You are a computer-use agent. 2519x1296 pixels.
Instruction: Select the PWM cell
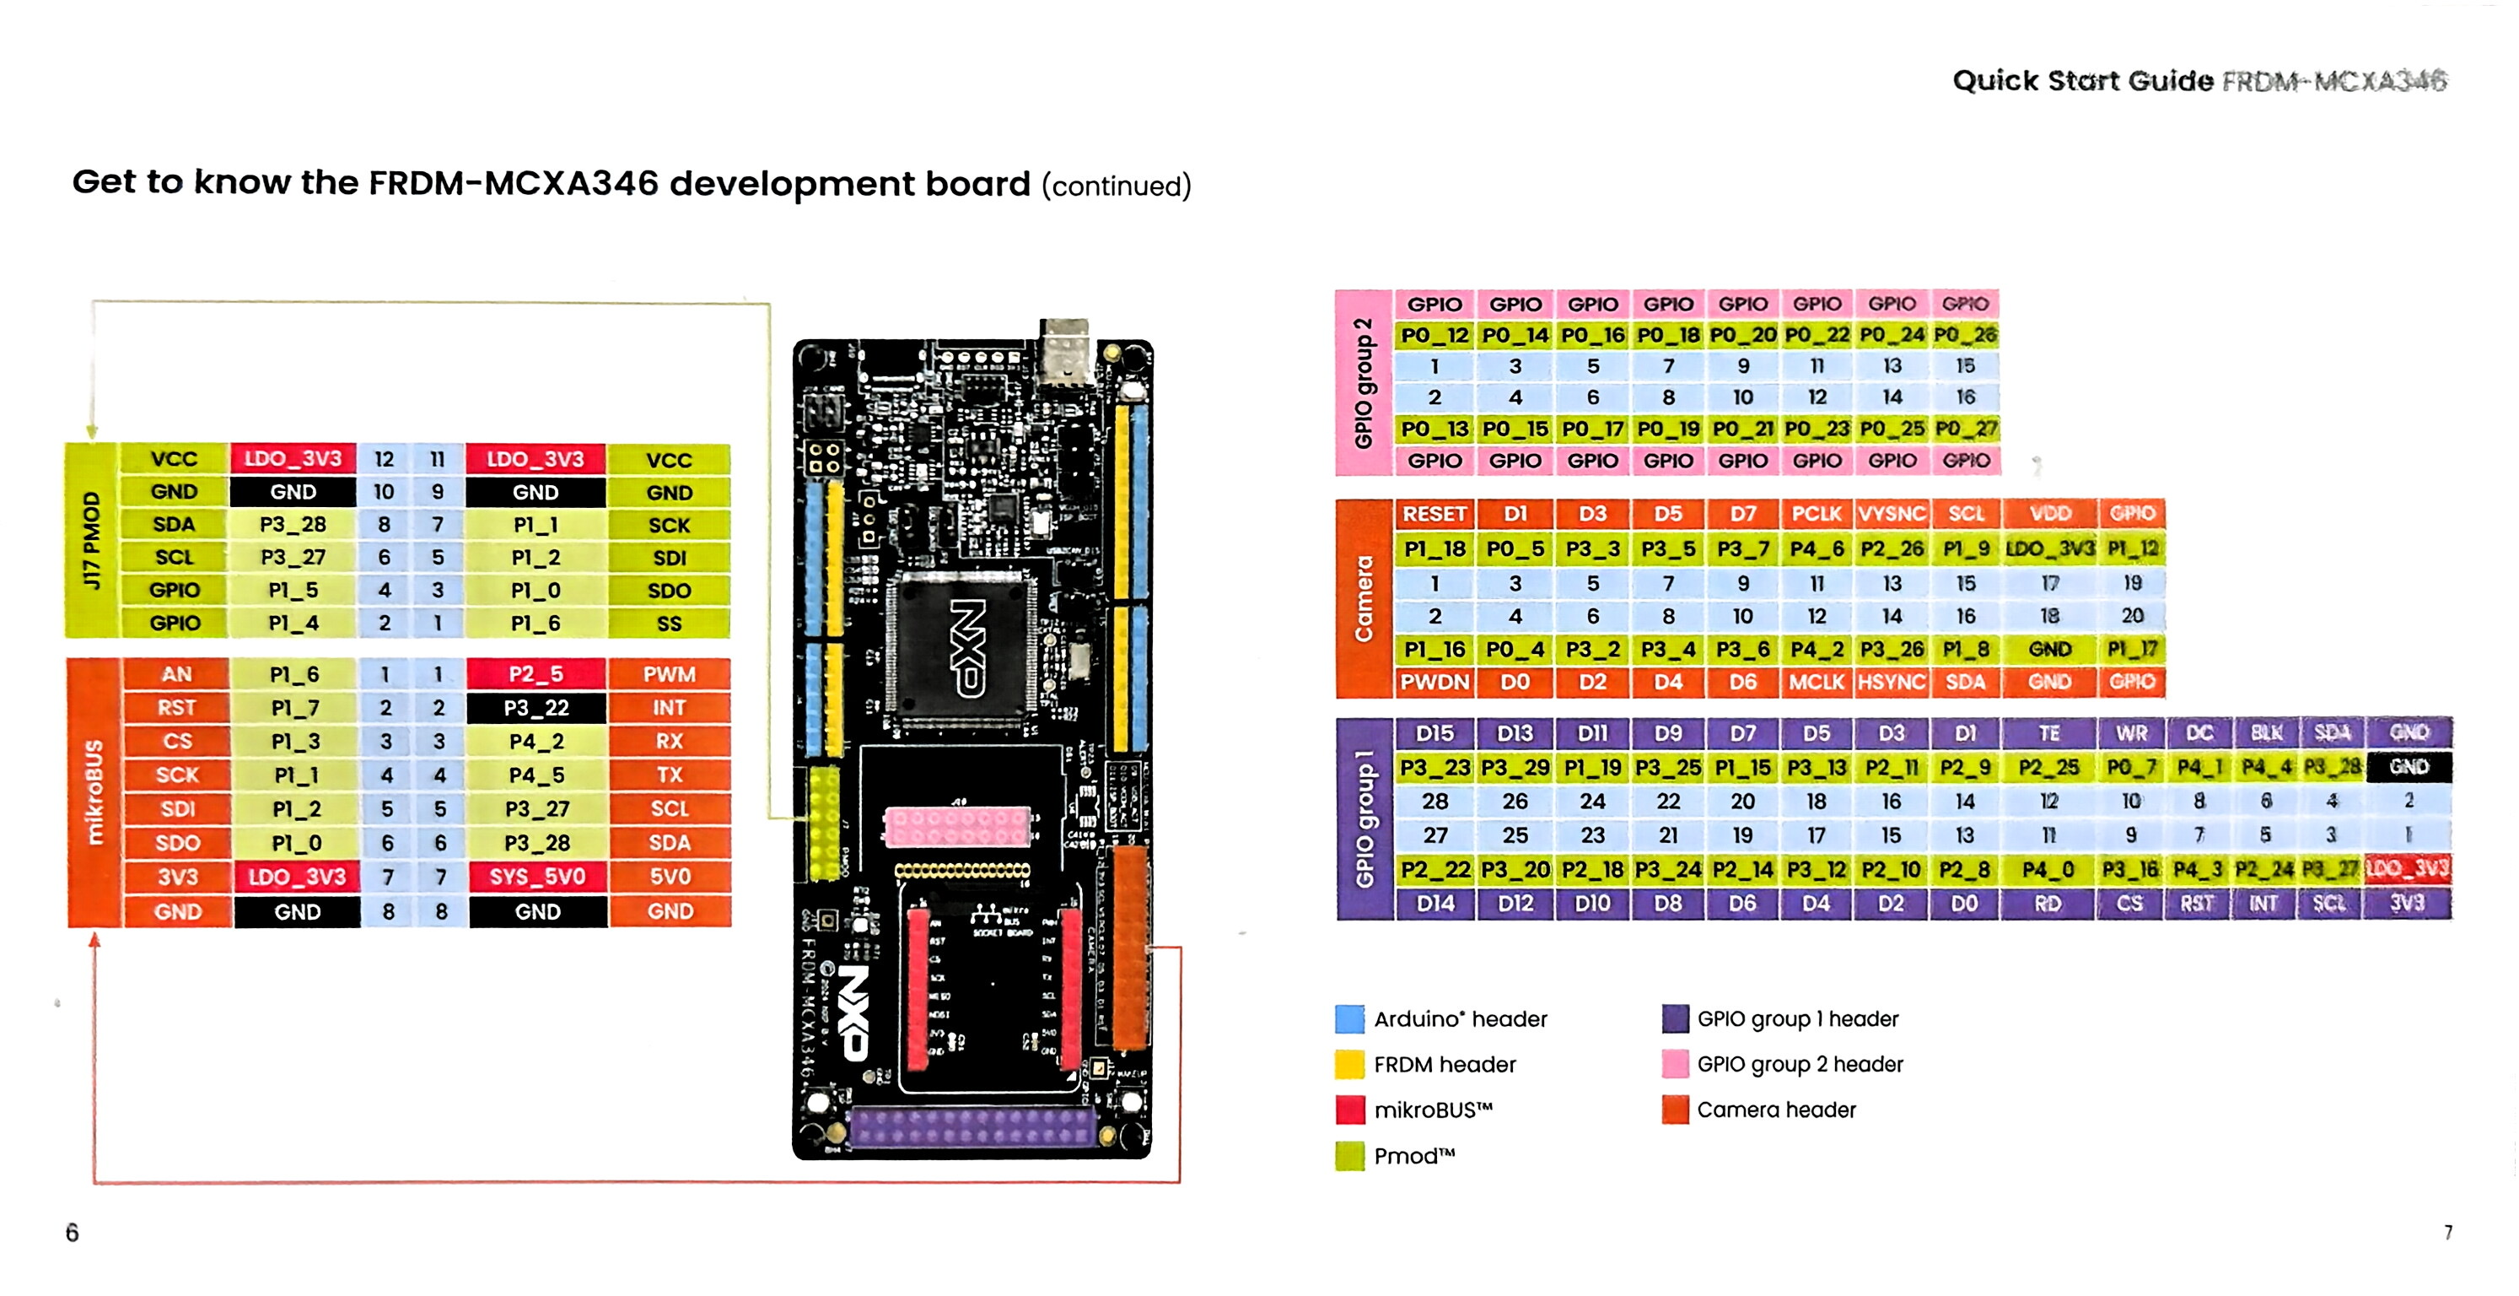tap(669, 674)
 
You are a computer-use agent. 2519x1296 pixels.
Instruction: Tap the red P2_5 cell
tap(535, 674)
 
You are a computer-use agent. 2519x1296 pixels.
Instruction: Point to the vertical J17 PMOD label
tap(91, 540)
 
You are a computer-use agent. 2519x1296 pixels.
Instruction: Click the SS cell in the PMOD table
tap(669, 623)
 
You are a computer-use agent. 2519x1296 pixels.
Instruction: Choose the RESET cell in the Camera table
tap(1434, 515)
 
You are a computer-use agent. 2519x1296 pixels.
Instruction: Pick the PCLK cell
tap(1816, 515)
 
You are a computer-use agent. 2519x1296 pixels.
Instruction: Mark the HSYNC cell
tap(1892, 682)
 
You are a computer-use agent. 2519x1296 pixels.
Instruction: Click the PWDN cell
tap(1434, 682)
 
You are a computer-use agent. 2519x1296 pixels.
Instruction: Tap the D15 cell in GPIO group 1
tap(1434, 733)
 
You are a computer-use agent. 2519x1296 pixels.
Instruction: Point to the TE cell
tap(2048, 733)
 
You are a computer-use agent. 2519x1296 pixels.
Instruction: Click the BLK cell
tap(2266, 733)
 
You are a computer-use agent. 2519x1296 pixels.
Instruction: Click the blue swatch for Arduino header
tap(1349, 1019)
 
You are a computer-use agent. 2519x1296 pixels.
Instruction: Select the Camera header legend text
tap(1776, 1110)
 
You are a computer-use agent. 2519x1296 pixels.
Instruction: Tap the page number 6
tap(73, 1233)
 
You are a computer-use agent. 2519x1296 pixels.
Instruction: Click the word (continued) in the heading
tap(1116, 186)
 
